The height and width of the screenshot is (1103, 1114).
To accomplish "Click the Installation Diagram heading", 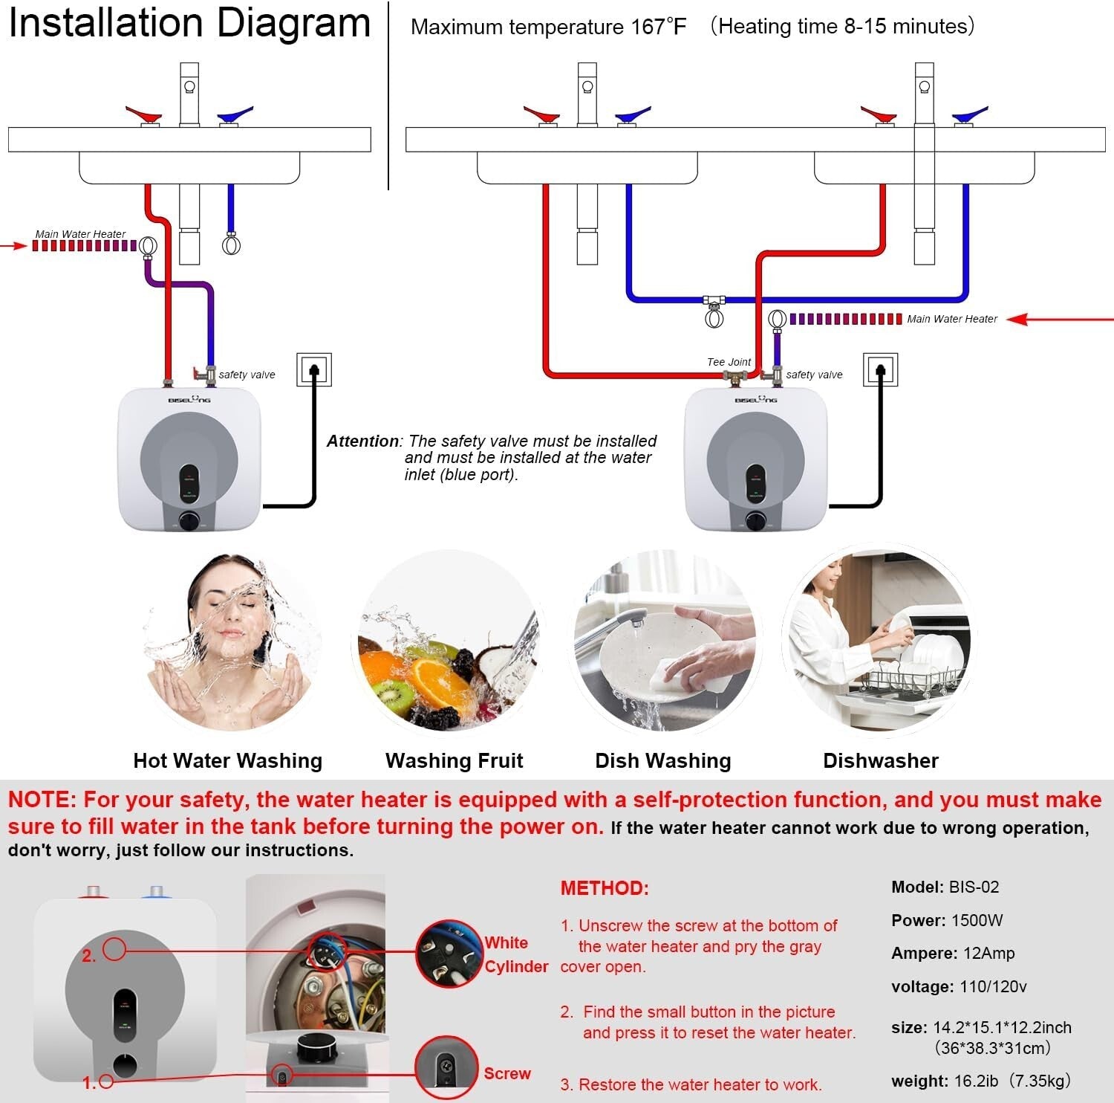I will click(x=189, y=23).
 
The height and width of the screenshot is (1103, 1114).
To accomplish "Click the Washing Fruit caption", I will click(x=454, y=760).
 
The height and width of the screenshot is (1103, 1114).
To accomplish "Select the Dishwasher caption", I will click(x=880, y=760).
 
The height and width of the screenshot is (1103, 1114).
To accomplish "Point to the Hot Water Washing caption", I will click(x=227, y=760).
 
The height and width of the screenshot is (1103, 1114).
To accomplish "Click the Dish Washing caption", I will click(x=662, y=760).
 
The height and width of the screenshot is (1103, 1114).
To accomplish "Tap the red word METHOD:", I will click(x=605, y=888).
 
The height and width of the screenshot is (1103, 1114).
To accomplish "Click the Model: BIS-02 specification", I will click(x=945, y=887).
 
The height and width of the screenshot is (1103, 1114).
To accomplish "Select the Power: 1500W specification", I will click(x=946, y=920).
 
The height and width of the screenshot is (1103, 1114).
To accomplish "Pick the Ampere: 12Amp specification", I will click(x=952, y=953).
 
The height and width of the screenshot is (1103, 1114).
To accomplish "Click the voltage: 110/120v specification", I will click(x=958, y=986).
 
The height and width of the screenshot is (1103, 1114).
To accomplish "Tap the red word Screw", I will click(x=507, y=1073).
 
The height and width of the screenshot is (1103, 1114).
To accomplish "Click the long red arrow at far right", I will click(x=1062, y=320).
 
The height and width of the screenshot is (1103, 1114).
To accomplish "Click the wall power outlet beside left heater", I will click(x=313, y=369).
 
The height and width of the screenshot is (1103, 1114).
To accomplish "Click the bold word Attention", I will click(x=362, y=441).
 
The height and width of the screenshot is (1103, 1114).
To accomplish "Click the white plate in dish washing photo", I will click(x=646, y=654).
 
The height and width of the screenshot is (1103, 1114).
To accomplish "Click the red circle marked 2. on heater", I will click(x=114, y=948).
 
